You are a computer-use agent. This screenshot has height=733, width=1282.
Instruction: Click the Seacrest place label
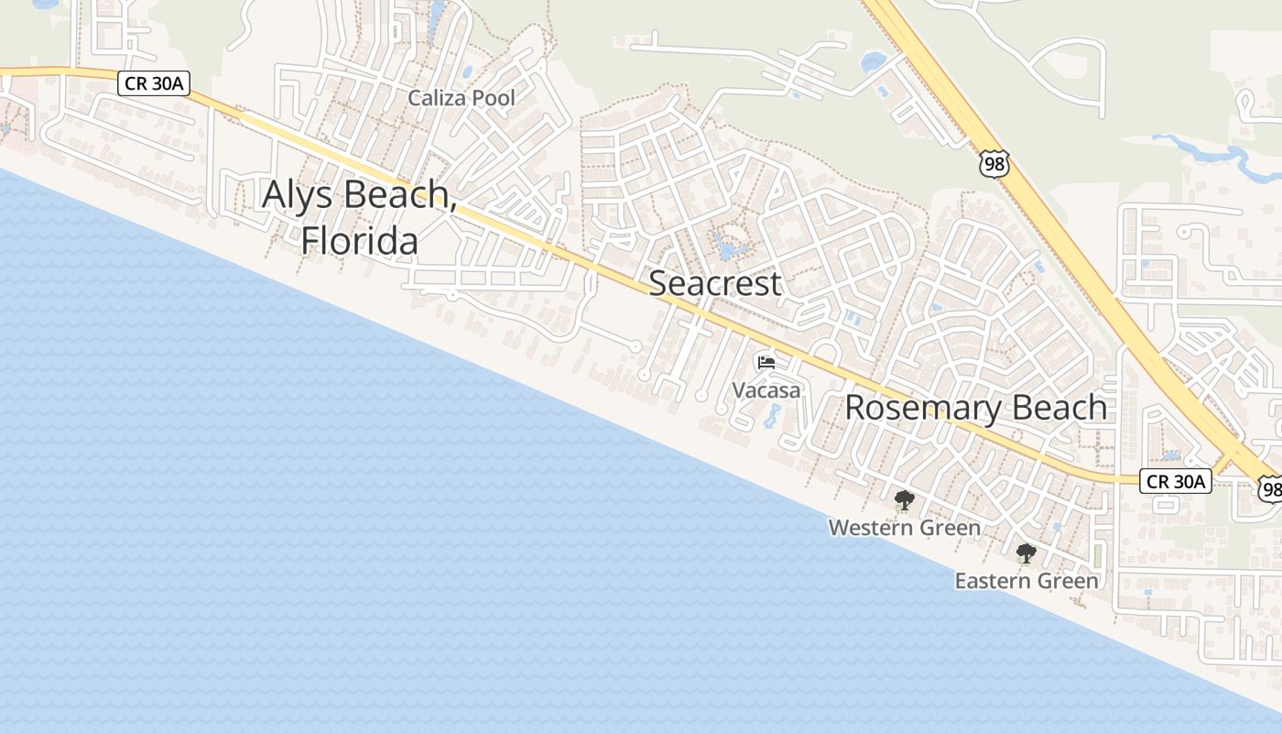(715, 284)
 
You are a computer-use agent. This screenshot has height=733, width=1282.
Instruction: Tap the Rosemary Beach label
(975, 408)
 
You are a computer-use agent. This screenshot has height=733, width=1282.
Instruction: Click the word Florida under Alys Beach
(360, 241)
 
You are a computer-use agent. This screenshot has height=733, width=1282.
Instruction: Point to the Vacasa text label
(766, 390)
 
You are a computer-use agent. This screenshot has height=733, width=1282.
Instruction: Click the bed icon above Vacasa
(766, 363)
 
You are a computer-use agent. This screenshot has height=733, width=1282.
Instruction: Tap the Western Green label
(904, 528)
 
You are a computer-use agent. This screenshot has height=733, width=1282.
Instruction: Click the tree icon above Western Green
(905, 500)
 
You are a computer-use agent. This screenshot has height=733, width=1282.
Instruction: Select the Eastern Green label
(1026, 581)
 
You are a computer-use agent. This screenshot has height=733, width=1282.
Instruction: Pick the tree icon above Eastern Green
(1026, 553)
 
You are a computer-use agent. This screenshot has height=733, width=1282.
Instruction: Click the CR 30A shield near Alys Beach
(153, 84)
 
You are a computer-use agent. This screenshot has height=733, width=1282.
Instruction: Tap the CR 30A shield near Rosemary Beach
(1176, 481)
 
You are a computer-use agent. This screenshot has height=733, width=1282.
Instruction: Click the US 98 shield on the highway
(993, 163)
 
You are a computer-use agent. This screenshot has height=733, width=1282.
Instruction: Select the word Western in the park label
(871, 528)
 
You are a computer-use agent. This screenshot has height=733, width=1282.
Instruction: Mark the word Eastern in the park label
(994, 581)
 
